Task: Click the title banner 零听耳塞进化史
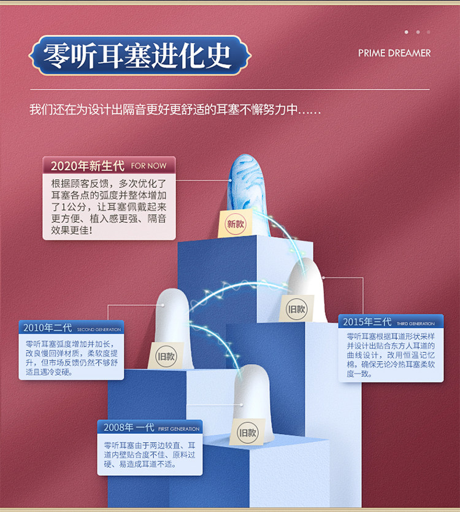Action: click(x=139, y=56)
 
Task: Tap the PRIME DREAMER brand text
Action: click(x=394, y=53)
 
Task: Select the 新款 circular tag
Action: click(x=236, y=224)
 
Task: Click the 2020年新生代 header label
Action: click(x=87, y=166)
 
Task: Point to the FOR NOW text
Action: click(x=148, y=166)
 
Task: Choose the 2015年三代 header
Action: click(x=367, y=322)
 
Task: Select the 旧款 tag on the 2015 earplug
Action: click(x=297, y=309)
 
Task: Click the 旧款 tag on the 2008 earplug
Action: click(x=248, y=432)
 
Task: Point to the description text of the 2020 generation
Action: click(x=109, y=206)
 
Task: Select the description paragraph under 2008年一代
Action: click(x=149, y=454)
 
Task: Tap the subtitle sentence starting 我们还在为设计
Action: click(x=175, y=111)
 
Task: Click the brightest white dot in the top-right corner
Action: click(x=406, y=32)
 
